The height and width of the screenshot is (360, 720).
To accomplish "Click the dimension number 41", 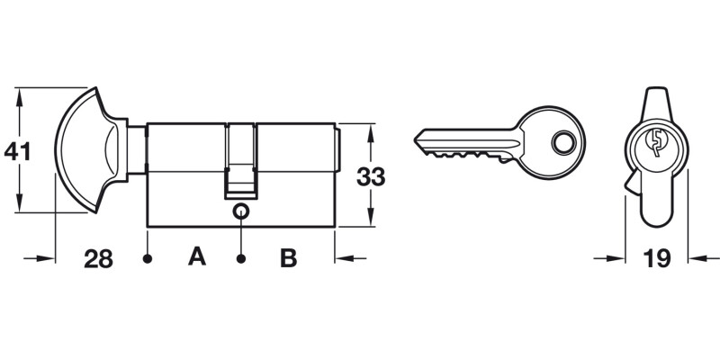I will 17,150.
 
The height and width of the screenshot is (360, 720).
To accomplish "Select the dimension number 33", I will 370,176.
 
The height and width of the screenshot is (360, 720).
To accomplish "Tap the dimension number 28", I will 98,259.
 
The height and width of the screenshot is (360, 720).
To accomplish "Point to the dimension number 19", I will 657,259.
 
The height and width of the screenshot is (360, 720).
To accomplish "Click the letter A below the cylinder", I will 196,258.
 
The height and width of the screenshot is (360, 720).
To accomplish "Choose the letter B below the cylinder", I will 288,259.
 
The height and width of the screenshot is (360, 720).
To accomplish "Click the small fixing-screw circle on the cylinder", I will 240,211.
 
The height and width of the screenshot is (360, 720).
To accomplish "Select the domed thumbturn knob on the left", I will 85,149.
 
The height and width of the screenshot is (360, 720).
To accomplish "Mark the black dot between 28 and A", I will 147,259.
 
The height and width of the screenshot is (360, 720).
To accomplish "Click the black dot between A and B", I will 241,259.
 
